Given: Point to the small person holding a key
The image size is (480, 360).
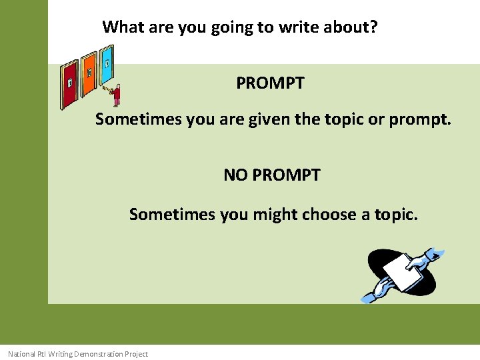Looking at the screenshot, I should [x=117, y=95].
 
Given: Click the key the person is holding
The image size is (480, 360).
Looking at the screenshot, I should [x=106, y=87].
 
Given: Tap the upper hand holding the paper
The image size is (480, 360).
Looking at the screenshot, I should [x=427, y=257].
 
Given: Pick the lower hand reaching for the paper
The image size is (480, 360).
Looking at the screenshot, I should [x=377, y=290].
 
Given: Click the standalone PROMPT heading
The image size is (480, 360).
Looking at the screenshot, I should [x=270, y=83].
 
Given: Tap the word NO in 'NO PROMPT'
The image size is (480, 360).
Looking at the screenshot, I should [x=235, y=175].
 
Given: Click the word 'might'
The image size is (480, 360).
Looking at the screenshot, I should [x=275, y=214].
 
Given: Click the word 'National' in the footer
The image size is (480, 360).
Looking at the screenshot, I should [x=21, y=354].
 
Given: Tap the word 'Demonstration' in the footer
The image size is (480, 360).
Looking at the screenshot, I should [x=99, y=354].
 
